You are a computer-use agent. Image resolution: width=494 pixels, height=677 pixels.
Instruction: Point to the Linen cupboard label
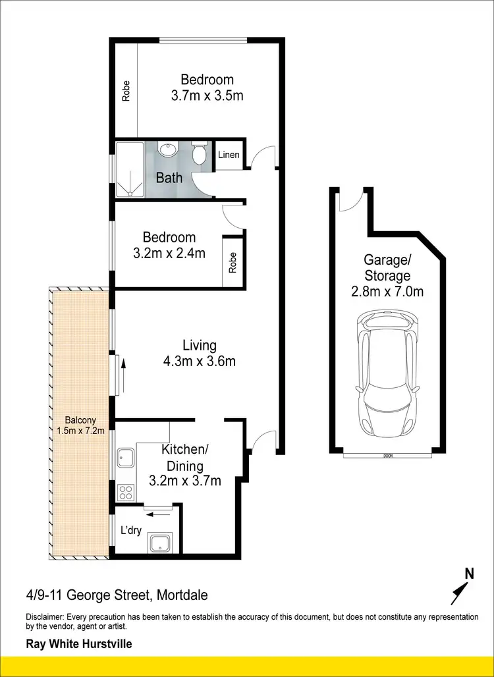(229, 155)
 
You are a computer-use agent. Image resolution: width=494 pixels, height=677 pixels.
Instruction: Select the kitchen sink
(125, 457)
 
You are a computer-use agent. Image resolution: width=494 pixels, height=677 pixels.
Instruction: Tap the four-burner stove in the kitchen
(125, 492)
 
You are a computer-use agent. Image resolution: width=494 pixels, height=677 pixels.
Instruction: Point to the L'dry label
(130, 529)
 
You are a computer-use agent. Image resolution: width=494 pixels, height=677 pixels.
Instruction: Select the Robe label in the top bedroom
(126, 90)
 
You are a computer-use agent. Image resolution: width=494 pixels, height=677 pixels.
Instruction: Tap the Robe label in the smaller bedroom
(233, 263)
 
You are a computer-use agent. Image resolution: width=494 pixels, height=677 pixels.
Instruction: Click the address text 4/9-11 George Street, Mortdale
(117, 596)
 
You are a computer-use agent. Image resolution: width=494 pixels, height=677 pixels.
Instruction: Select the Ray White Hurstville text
(78, 643)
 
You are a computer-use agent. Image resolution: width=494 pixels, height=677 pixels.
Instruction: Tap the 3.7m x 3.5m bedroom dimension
(207, 95)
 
